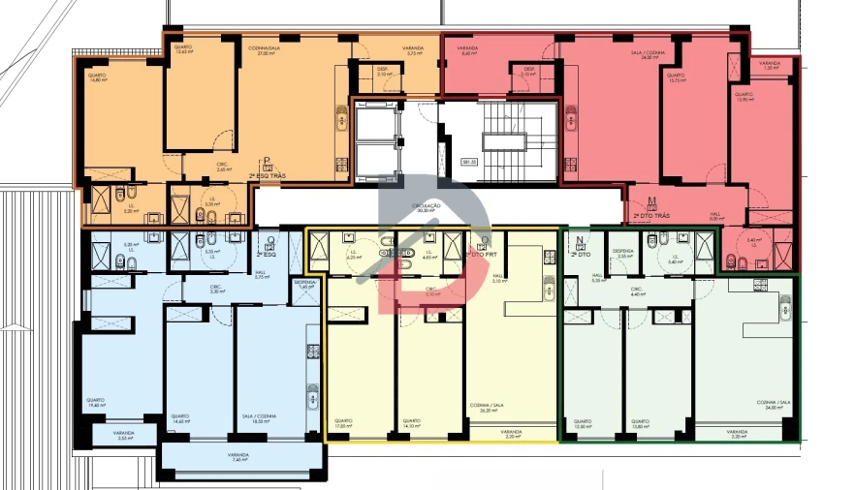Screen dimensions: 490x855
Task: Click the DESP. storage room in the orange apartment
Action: click(384, 73)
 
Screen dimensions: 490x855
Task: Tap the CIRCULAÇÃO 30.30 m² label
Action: click(427, 208)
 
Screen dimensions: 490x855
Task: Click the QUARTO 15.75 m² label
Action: click(676, 77)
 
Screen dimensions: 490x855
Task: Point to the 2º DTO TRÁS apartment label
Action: click(651, 214)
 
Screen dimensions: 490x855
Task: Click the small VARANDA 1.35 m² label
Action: click(770, 65)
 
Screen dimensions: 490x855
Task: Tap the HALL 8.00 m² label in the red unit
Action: click(716, 217)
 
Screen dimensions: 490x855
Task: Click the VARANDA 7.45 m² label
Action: click(238, 456)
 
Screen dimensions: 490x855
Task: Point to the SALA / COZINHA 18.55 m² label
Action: click(259, 418)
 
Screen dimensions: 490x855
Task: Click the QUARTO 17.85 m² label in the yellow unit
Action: click(343, 423)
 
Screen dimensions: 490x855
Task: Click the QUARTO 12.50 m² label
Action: click(582, 423)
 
